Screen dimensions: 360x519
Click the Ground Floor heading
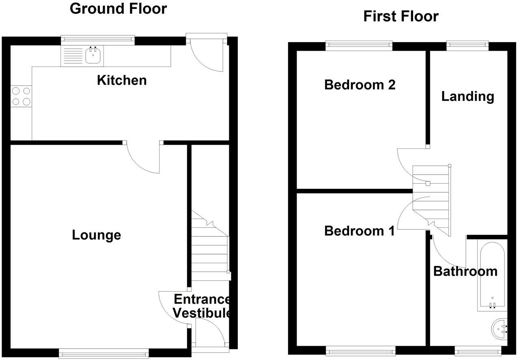[x=118, y=9]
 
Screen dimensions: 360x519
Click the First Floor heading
[x=401, y=16]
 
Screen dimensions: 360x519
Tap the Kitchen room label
[x=122, y=80]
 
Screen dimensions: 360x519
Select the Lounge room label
[x=97, y=235]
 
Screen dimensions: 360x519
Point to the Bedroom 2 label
[x=360, y=85]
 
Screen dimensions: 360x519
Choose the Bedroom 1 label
[x=360, y=231]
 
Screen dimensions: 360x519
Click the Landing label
[x=467, y=96]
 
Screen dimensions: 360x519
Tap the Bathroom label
[x=465, y=271]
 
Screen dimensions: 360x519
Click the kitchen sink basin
[x=93, y=56]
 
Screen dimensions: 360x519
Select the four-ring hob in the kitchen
[x=21, y=96]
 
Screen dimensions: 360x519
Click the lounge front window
[x=104, y=353]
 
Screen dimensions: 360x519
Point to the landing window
[x=467, y=45]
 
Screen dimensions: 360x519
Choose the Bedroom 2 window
[x=359, y=45]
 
